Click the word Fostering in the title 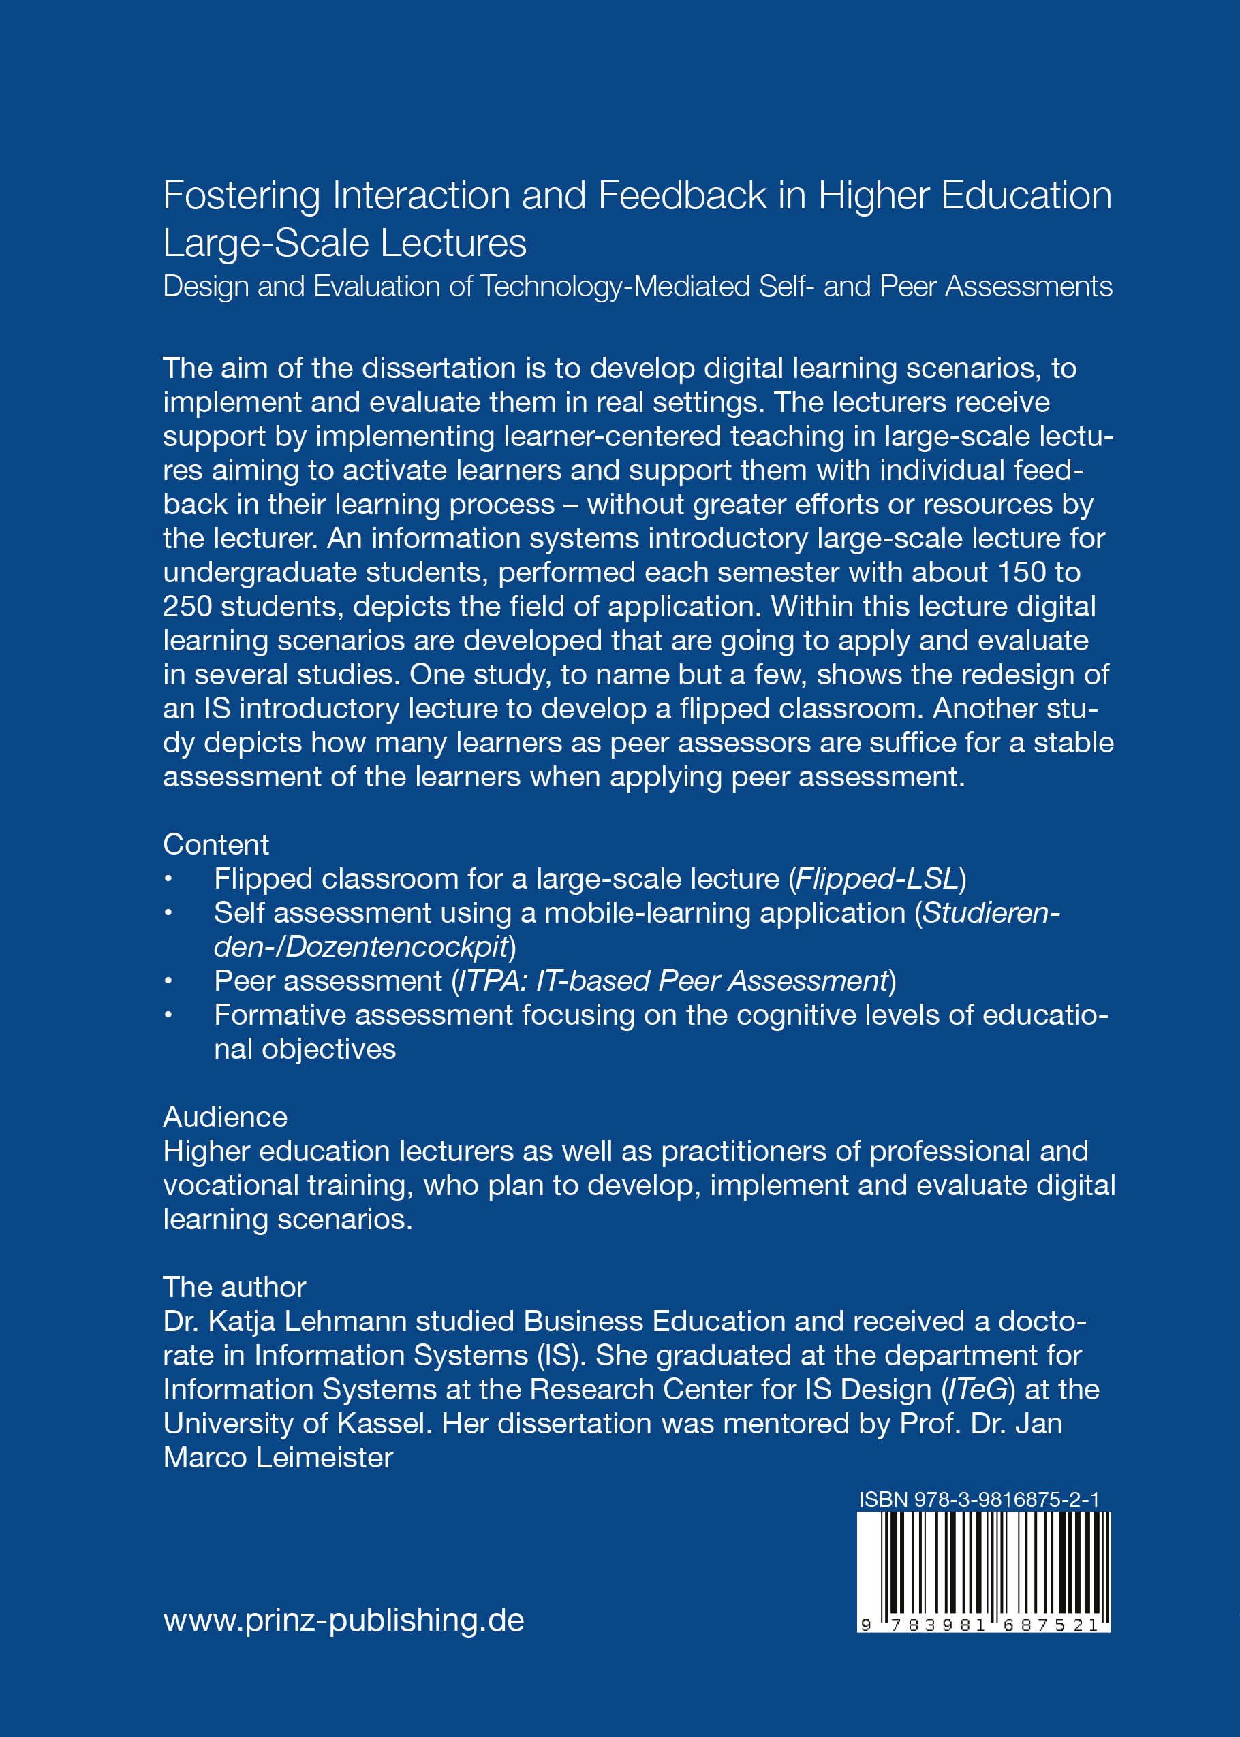tap(241, 197)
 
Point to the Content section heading tap(216, 845)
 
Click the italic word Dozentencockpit tap(397, 947)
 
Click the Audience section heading tap(226, 1117)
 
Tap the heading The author tap(234, 1288)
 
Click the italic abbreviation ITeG tap(977, 1390)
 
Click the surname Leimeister tap(324, 1458)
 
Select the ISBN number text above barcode tap(979, 1499)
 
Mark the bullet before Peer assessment tap(168, 981)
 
